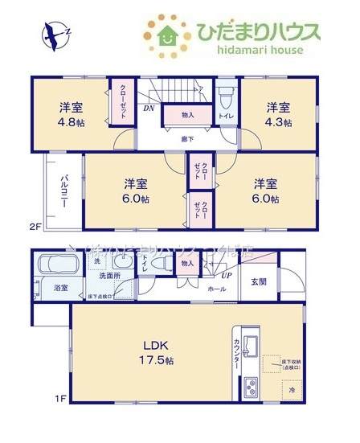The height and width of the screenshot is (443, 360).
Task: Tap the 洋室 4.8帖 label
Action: [72, 114]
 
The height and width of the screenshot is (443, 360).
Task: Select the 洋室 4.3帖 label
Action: [279, 114]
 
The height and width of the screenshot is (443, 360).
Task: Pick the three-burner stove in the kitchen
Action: [249, 388]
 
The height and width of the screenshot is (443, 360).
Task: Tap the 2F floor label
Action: [35, 227]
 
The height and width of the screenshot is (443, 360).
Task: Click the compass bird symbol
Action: [55, 34]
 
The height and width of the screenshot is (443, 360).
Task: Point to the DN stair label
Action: [149, 106]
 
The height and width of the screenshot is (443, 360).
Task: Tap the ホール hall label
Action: [216, 288]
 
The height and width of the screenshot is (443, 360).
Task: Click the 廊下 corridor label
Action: [187, 138]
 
